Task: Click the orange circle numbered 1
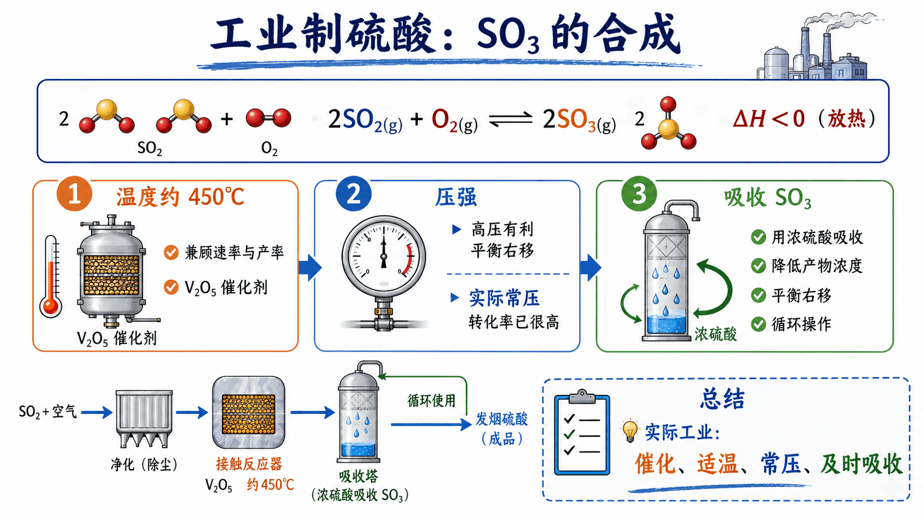[x=74, y=194]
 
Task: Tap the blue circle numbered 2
[x=353, y=194]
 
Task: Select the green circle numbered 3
[x=639, y=194]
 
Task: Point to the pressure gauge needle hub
[x=384, y=256]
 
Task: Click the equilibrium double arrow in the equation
[x=511, y=119]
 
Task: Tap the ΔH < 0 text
[x=768, y=119]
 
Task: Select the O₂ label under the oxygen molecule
[x=269, y=148]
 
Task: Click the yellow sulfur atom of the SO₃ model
[x=668, y=128]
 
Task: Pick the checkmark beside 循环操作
[x=758, y=324]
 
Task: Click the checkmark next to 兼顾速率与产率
[x=171, y=252]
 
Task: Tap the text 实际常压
[x=505, y=298]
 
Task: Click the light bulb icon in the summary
[x=630, y=431]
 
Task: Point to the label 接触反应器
[x=249, y=464]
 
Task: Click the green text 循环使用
[x=431, y=400]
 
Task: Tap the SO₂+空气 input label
[x=48, y=411]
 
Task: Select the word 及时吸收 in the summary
[x=861, y=464]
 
